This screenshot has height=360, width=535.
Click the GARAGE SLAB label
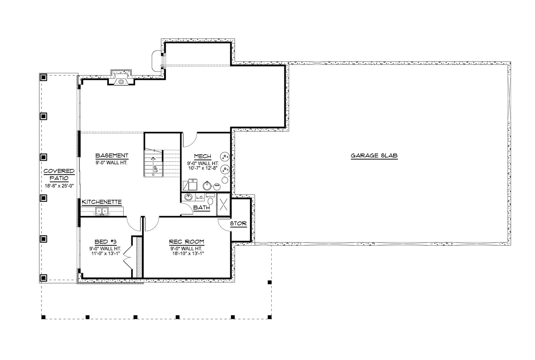(374, 156)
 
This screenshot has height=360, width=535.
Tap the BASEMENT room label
(112, 156)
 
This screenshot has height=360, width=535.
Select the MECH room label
(203, 157)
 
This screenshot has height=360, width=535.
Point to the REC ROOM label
(187, 242)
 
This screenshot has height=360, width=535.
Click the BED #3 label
(105, 242)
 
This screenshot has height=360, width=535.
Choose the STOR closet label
(238, 224)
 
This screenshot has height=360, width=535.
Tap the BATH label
(201, 208)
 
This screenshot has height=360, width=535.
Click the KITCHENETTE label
(102, 202)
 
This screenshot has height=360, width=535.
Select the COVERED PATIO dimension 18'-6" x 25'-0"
(59, 186)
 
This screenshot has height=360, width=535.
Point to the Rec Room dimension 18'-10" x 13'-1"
(188, 253)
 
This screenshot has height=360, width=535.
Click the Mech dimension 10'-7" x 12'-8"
(203, 168)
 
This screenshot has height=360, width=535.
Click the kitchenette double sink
(102, 211)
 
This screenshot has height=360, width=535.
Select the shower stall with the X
(223, 205)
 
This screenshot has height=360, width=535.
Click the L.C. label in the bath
(200, 198)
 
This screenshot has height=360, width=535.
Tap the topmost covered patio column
(43, 77)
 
